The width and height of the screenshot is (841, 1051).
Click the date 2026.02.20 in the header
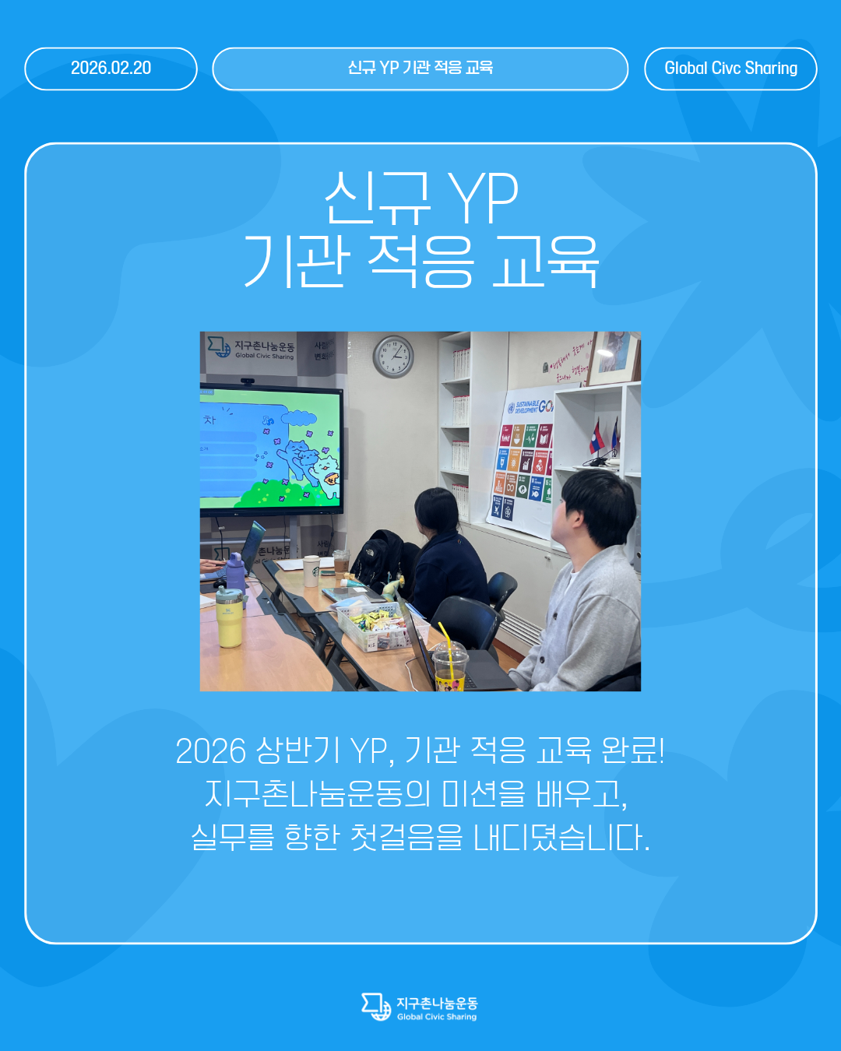click(x=111, y=69)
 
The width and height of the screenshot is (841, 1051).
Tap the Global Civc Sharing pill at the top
click(x=730, y=69)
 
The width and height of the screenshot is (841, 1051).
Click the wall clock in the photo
click(x=393, y=357)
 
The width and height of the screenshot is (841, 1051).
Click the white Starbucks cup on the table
click(x=311, y=570)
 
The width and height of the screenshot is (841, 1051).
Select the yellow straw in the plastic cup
click(x=445, y=635)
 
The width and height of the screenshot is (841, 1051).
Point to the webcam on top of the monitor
click(x=248, y=381)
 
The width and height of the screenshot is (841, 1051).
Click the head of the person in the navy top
click(x=436, y=509)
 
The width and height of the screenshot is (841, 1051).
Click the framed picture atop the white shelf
click(x=614, y=357)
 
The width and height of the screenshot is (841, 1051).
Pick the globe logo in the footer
click(x=377, y=1007)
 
